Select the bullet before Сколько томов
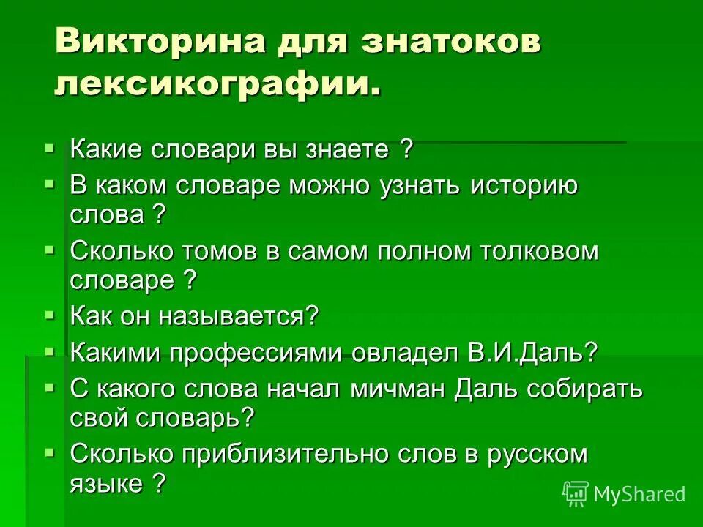50,250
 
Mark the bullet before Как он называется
50,315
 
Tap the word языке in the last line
105,484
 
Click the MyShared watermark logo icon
575,493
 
